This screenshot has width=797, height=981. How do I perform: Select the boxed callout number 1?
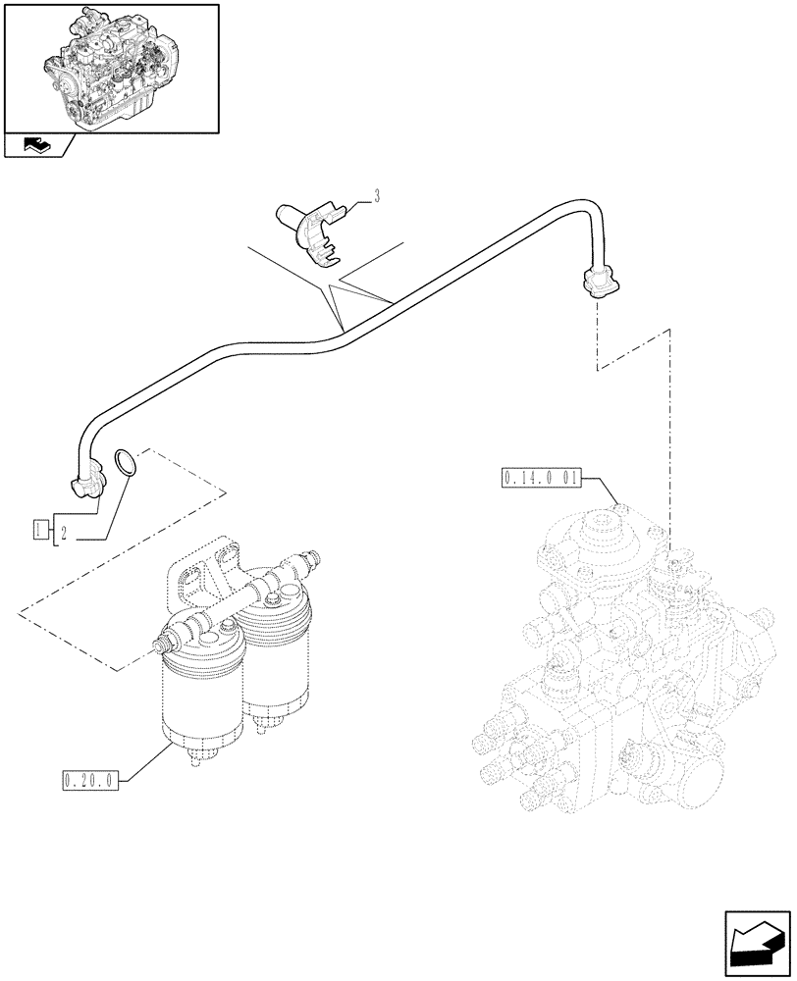40,531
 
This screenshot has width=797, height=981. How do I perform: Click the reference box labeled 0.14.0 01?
541,479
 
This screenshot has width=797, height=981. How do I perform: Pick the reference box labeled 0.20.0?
88,781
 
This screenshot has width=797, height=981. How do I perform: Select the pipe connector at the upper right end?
598,282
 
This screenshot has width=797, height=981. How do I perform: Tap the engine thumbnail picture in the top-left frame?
109,67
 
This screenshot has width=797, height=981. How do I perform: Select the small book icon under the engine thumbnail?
36,146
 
